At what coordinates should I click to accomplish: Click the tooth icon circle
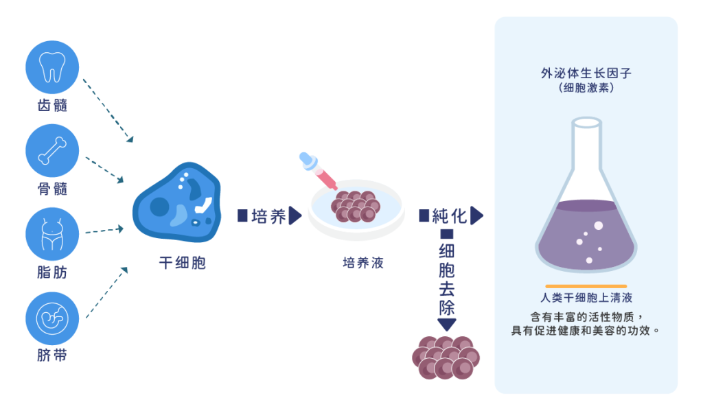coord(52,67)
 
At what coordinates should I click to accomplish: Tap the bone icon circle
coord(52,150)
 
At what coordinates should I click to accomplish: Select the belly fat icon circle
coord(52,234)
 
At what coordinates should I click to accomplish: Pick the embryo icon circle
coord(52,318)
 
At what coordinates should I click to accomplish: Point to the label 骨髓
coord(52,189)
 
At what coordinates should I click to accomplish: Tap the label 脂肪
coord(52,272)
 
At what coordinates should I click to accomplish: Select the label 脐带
coord(52,356)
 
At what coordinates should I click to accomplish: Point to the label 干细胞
coord(182,263)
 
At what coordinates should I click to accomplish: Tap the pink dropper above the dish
coord(317,171)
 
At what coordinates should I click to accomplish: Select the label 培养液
coord(363,263)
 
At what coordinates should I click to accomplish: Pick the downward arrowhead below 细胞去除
coord(447,325)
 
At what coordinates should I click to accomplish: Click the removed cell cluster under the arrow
coord(446,357)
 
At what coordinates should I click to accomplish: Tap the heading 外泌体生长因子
coord(586,73)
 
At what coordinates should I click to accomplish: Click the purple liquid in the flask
coord(586,237)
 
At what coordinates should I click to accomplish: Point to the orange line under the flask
coord(586,285)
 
